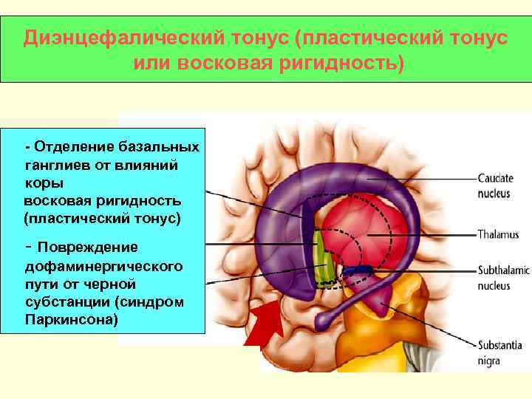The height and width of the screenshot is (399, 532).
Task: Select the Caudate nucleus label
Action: coord(498,185)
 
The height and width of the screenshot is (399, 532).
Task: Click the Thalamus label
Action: coord(498,235)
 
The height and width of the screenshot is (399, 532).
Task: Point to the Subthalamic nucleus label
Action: coord(503,278)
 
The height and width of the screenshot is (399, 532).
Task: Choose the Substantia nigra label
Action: coord(499,352)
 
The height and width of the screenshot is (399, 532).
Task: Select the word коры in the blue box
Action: coord(44,183)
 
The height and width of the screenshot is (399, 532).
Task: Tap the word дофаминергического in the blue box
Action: coord(104,265)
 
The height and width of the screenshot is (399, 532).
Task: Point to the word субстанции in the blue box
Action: coord(64,302)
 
